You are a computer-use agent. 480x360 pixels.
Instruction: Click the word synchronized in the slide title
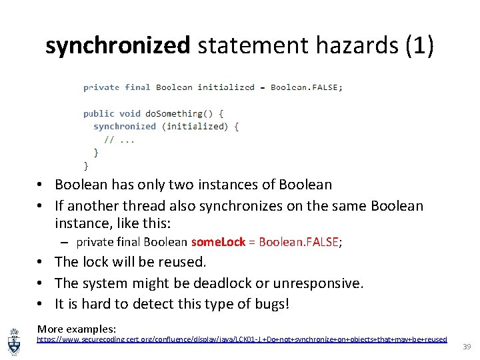point(117,45)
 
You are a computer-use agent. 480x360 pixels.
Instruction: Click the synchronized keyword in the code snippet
point(125,126)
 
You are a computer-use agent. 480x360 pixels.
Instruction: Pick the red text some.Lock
point(218,242)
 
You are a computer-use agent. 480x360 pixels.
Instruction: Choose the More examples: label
point(77,329)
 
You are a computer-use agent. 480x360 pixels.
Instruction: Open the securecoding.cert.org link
point(241,339)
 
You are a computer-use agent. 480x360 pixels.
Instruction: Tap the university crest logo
point(14,339)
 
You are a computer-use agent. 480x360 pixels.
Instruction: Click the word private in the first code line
point(101,87)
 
